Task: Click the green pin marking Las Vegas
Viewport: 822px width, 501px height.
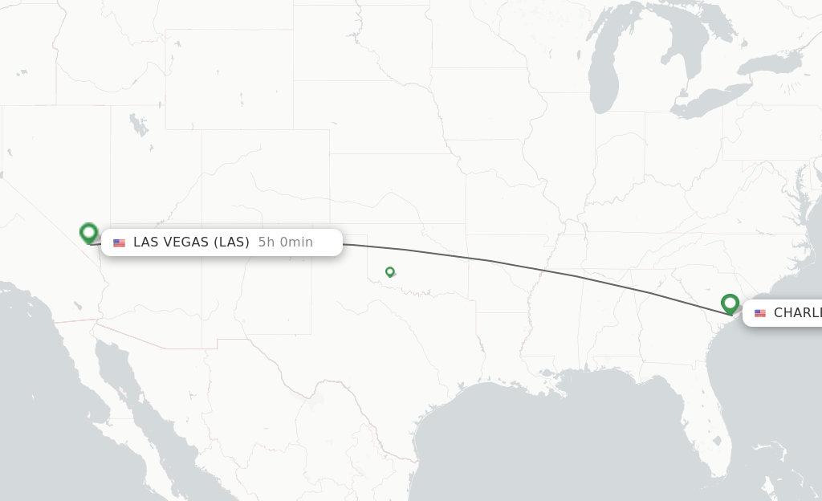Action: [x=88, y=233]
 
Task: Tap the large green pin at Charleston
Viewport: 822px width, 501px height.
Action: [x=730, y=303]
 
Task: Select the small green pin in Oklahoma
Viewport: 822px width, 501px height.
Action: [x=389, y=272]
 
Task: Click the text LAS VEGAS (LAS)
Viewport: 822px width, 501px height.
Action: [x=191, y=242]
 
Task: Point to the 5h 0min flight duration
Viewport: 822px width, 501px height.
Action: [x=286, y=242]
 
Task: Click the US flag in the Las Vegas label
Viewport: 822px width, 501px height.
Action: [x=120, y=242]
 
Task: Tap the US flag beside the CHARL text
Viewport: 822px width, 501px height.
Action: [x=760, y=313]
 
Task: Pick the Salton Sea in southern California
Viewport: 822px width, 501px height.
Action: [x=78, y=305]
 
